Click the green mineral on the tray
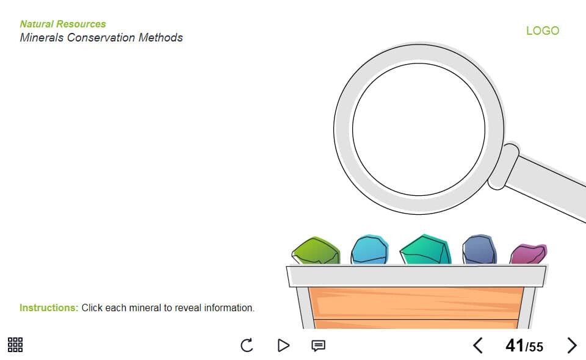[316, 250]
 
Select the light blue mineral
[370, 250]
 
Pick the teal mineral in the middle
[425, 250]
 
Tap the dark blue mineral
[480, 250]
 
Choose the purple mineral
[529, 254]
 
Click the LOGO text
[543, 31]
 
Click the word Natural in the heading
[37, 24]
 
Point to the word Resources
[81, 24]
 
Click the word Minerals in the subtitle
[42, 37]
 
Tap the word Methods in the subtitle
[161, 37]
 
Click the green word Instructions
[49, 308]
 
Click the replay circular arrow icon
[247, 345]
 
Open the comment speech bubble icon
[319, 346]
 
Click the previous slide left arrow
[478, 345]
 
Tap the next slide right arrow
[572, 345]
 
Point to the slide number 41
[515, 345]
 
